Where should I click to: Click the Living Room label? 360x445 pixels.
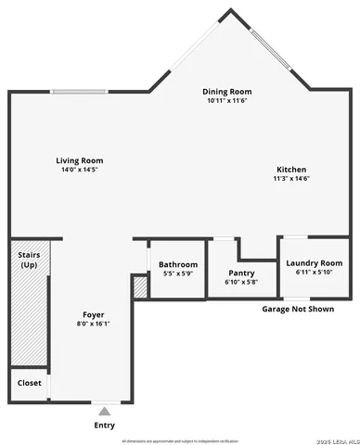pyautogui.click(x=79, y=160)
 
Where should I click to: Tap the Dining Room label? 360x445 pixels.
pyautogui.click(x=227, y=92)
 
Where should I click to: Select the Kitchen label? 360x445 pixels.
pyautogui.click(x=290, y=170)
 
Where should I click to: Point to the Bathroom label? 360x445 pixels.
pyautogui.click(x=178, y=264)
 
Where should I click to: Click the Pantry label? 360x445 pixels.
pyautogui.click(x=240, y=273)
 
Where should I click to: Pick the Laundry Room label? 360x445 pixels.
pyautogui.click(x=313, y=263)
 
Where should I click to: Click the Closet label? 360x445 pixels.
pyautogui.click(x=29, y=382)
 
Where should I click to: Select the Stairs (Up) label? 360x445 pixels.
pyautogui.click(x=29, y=259)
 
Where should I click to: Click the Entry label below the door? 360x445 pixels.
pyautogui.click(x=105, y=426)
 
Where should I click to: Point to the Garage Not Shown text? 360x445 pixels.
pyautogui.click(x=297, y=309)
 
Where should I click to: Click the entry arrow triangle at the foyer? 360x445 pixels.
pyautogui.click(x=105, y=410)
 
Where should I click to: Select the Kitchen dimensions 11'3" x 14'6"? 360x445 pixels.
pyautogui.click(x=290, y=179)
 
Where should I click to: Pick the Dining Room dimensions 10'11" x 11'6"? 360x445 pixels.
pyautogui.click(x=227, y=101)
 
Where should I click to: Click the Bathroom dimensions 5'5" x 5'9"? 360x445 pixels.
pyautogui.click(x=177, y=273)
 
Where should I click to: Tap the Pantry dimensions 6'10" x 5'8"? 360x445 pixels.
pyautogui.click(x=240, y=282)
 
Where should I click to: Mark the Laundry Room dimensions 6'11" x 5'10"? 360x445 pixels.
pyautogui.click(x=313, y=273)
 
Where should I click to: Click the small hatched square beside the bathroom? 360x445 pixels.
pyautogui.click(x=140, y=286)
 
